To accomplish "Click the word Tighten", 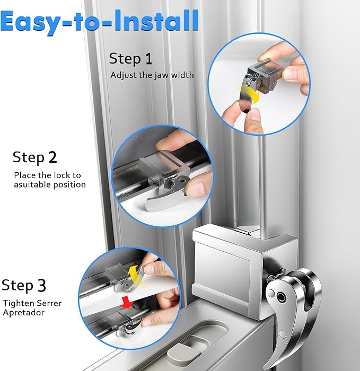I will (x=18, y=303).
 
